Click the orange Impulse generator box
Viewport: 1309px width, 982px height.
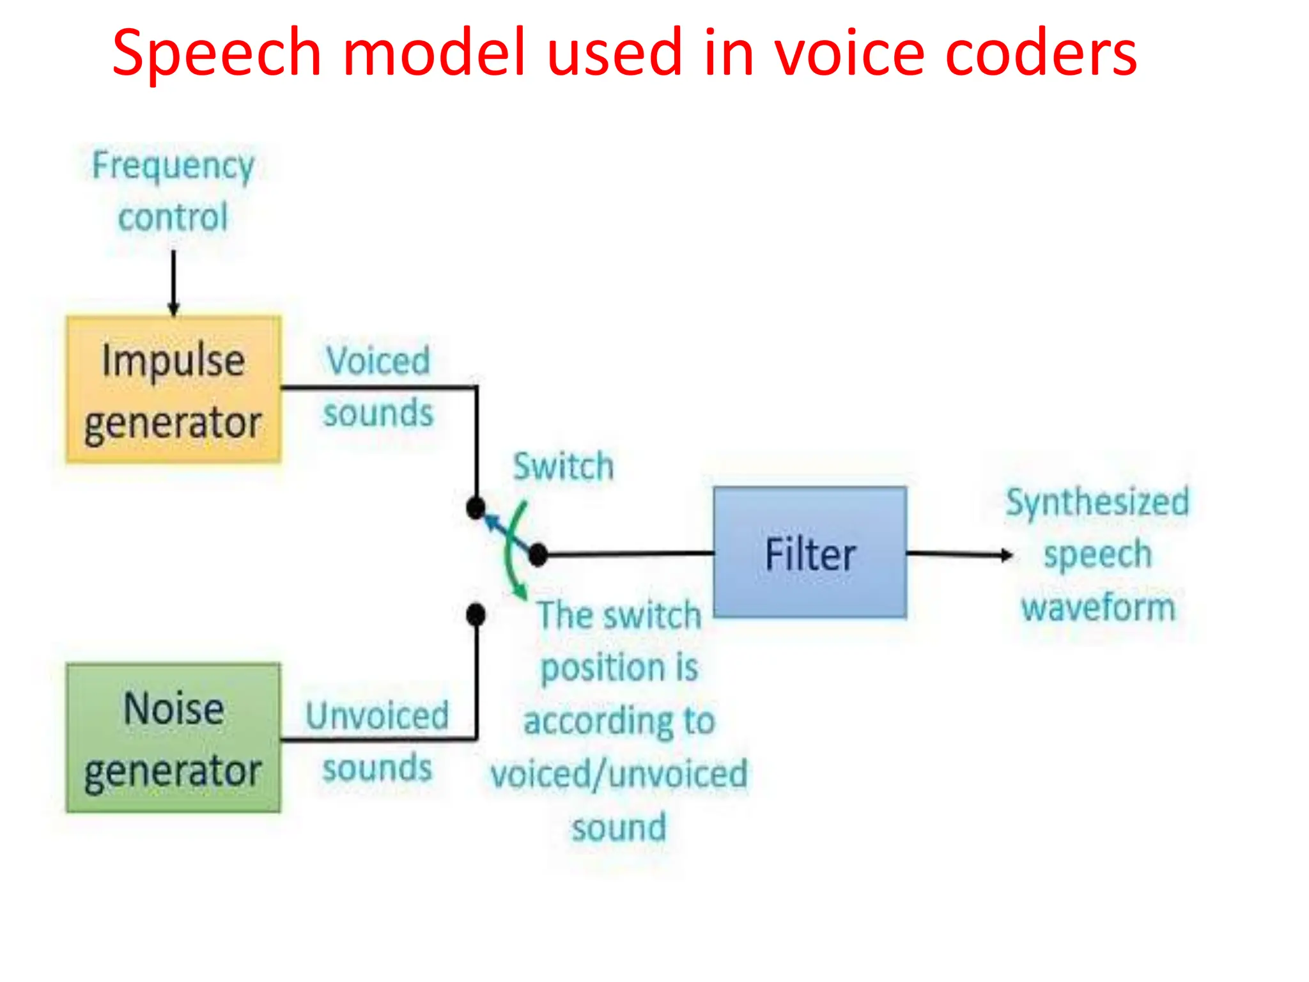173,389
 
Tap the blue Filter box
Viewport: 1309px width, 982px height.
810,553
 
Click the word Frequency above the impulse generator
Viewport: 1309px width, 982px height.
173,166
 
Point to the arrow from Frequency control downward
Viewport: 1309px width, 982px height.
173,281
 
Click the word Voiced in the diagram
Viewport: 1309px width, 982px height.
378,361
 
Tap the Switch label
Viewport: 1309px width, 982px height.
564,466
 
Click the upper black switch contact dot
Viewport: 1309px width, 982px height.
476,508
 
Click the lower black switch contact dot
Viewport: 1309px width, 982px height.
476,614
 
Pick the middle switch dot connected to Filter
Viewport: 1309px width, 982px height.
538,555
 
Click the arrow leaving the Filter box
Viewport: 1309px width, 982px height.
959,554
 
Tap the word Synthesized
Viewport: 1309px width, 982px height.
1097,502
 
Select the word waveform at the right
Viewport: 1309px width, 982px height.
1098,607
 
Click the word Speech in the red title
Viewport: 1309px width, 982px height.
216,54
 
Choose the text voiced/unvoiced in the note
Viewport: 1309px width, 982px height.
619,774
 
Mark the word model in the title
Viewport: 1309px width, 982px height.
435,54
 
